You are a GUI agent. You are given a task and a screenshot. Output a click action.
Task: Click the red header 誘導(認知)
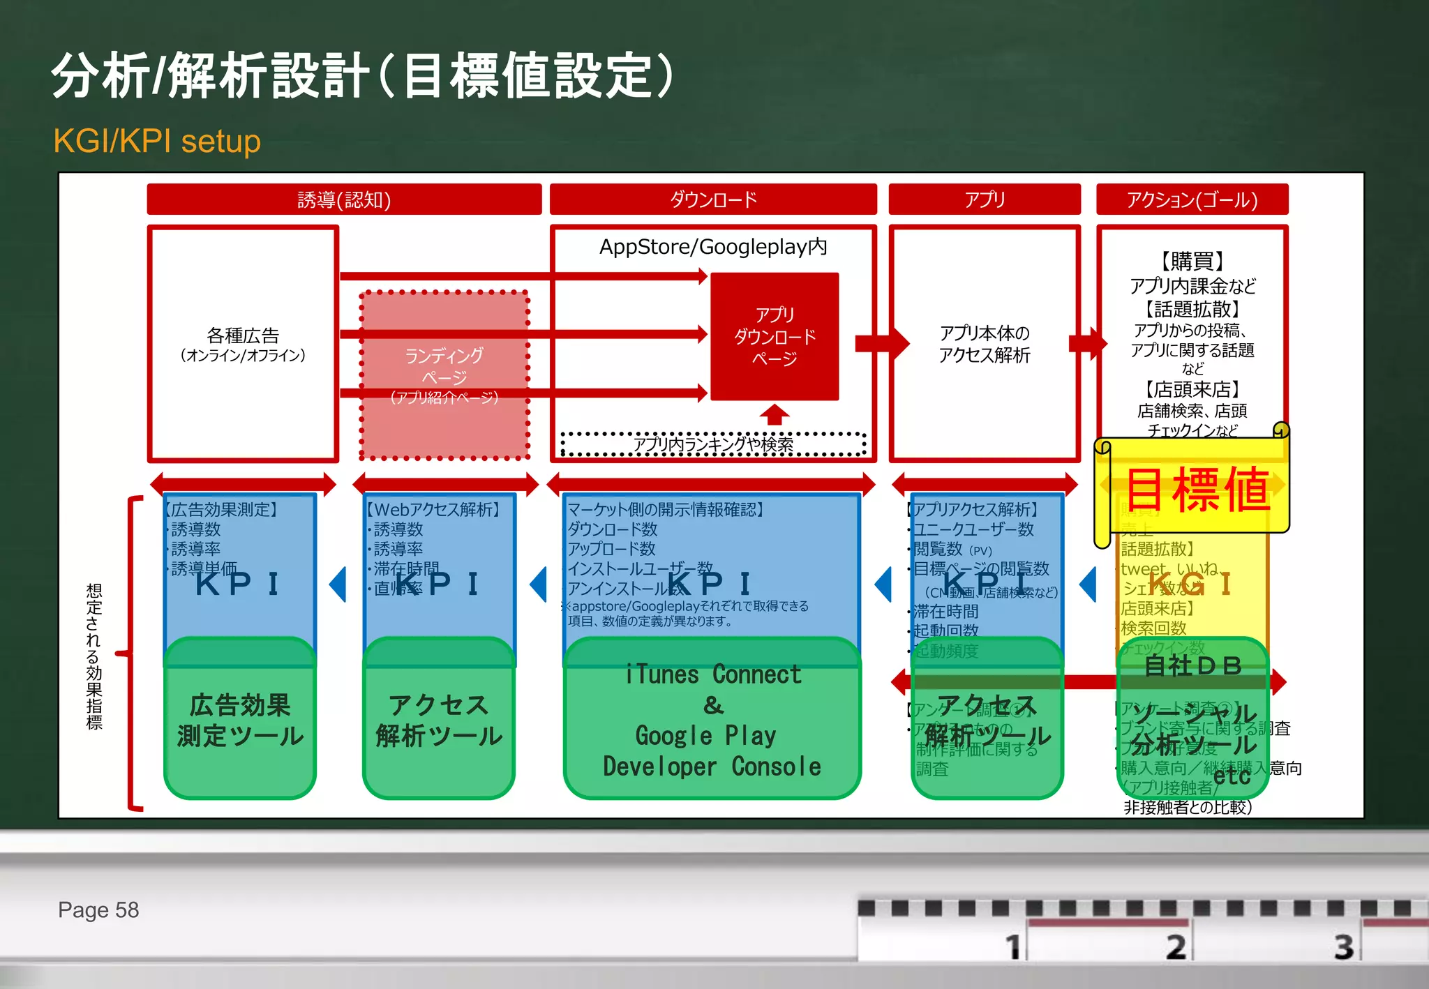click(344, 199)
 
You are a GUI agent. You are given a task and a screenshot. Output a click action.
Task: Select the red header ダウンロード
click(712, 199)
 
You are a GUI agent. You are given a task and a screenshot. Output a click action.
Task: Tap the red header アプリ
click(984, 199)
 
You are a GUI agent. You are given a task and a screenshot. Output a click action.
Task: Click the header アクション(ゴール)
click(1192, 199)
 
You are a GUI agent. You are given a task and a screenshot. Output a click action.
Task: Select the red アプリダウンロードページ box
click(775, 336)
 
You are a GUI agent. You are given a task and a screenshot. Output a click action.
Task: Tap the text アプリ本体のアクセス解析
click(984, 344)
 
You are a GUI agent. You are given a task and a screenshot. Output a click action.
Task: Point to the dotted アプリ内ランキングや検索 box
click(712, 444)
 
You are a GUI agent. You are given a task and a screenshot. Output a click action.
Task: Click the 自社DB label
click(1193, 665)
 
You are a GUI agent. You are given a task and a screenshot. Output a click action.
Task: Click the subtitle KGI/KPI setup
click(157, 141)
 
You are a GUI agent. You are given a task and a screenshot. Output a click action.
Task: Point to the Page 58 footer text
click(98, 909)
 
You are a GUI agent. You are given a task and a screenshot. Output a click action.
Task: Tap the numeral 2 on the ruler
click(1176, 946)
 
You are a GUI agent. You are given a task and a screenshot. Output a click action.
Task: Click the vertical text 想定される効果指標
click(94, 656)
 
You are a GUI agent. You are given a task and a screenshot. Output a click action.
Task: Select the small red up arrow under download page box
click(775, 414)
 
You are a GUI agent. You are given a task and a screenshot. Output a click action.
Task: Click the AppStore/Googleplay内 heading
click(712, 246)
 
